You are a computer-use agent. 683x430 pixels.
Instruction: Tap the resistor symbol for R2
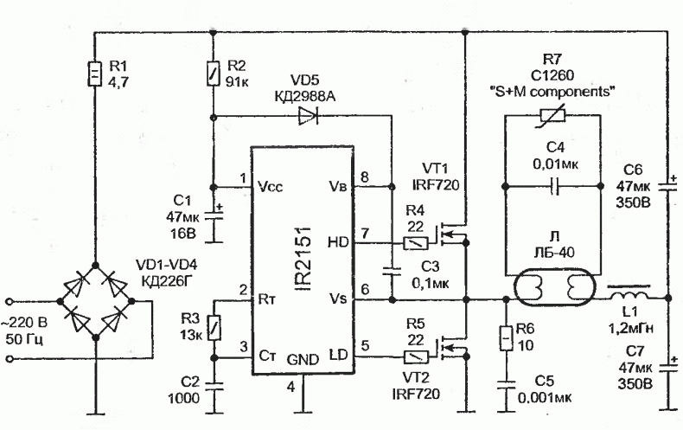click(213, 73)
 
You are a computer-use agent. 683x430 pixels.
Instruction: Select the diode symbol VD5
click(308, 117)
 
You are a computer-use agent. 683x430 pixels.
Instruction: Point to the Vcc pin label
click(270, 187)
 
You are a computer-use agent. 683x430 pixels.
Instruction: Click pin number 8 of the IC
click(365, 177)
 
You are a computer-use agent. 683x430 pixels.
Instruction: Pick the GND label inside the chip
click(303, 360)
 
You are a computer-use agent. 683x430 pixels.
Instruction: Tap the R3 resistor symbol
click(214, 328)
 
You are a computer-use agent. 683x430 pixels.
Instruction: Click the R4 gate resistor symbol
click(416, 243)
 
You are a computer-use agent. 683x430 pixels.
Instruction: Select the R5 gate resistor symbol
click(416, 357)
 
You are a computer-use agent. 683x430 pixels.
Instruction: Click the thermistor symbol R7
click(552, 116)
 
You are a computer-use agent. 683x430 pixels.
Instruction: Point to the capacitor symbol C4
click(552, 187)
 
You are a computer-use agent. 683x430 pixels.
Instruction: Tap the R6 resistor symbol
click(506, 338)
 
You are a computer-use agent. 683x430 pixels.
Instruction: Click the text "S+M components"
click(552, 92)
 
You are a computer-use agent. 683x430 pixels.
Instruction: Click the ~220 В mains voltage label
click(24, 324)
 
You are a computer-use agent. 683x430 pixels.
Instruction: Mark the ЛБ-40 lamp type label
click(554, 252)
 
